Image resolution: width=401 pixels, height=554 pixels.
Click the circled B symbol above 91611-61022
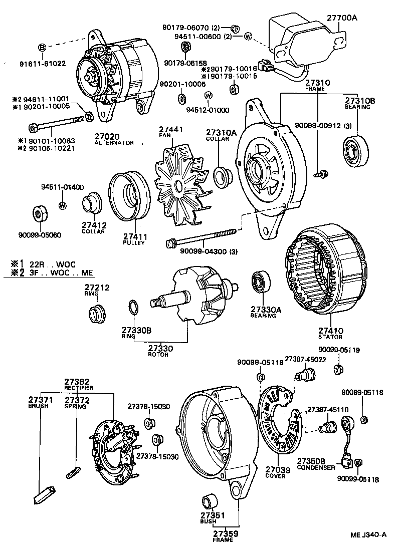click(x=43, y=48)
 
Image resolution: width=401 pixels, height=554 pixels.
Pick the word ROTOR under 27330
click(x=155, y=355)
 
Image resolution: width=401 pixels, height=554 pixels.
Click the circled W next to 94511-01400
click(x=63, y=205)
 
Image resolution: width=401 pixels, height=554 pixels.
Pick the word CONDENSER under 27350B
click(x=316, y=467)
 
